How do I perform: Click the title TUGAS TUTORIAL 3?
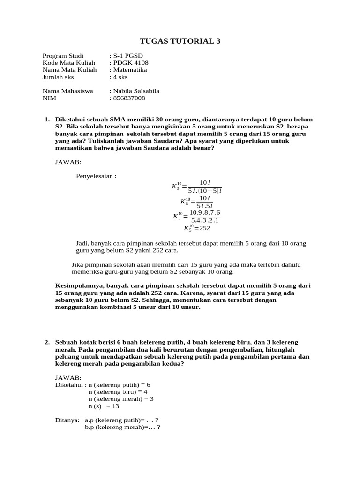(180, 41)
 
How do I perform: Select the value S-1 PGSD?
(127, 56)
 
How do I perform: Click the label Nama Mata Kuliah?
(69, 70)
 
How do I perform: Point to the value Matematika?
(129, 70)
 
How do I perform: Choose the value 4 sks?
(120, 77)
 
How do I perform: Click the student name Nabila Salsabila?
(135, 91)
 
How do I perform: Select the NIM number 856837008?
(128, 98)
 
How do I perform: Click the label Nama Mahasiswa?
(67, 91)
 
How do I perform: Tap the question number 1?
(47, 120)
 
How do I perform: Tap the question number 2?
(47, 343)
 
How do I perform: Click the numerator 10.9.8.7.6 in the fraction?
(204, 212)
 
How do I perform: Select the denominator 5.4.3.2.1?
(205, 220)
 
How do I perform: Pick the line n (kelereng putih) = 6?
(119, 384)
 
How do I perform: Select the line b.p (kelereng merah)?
(122, 427)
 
